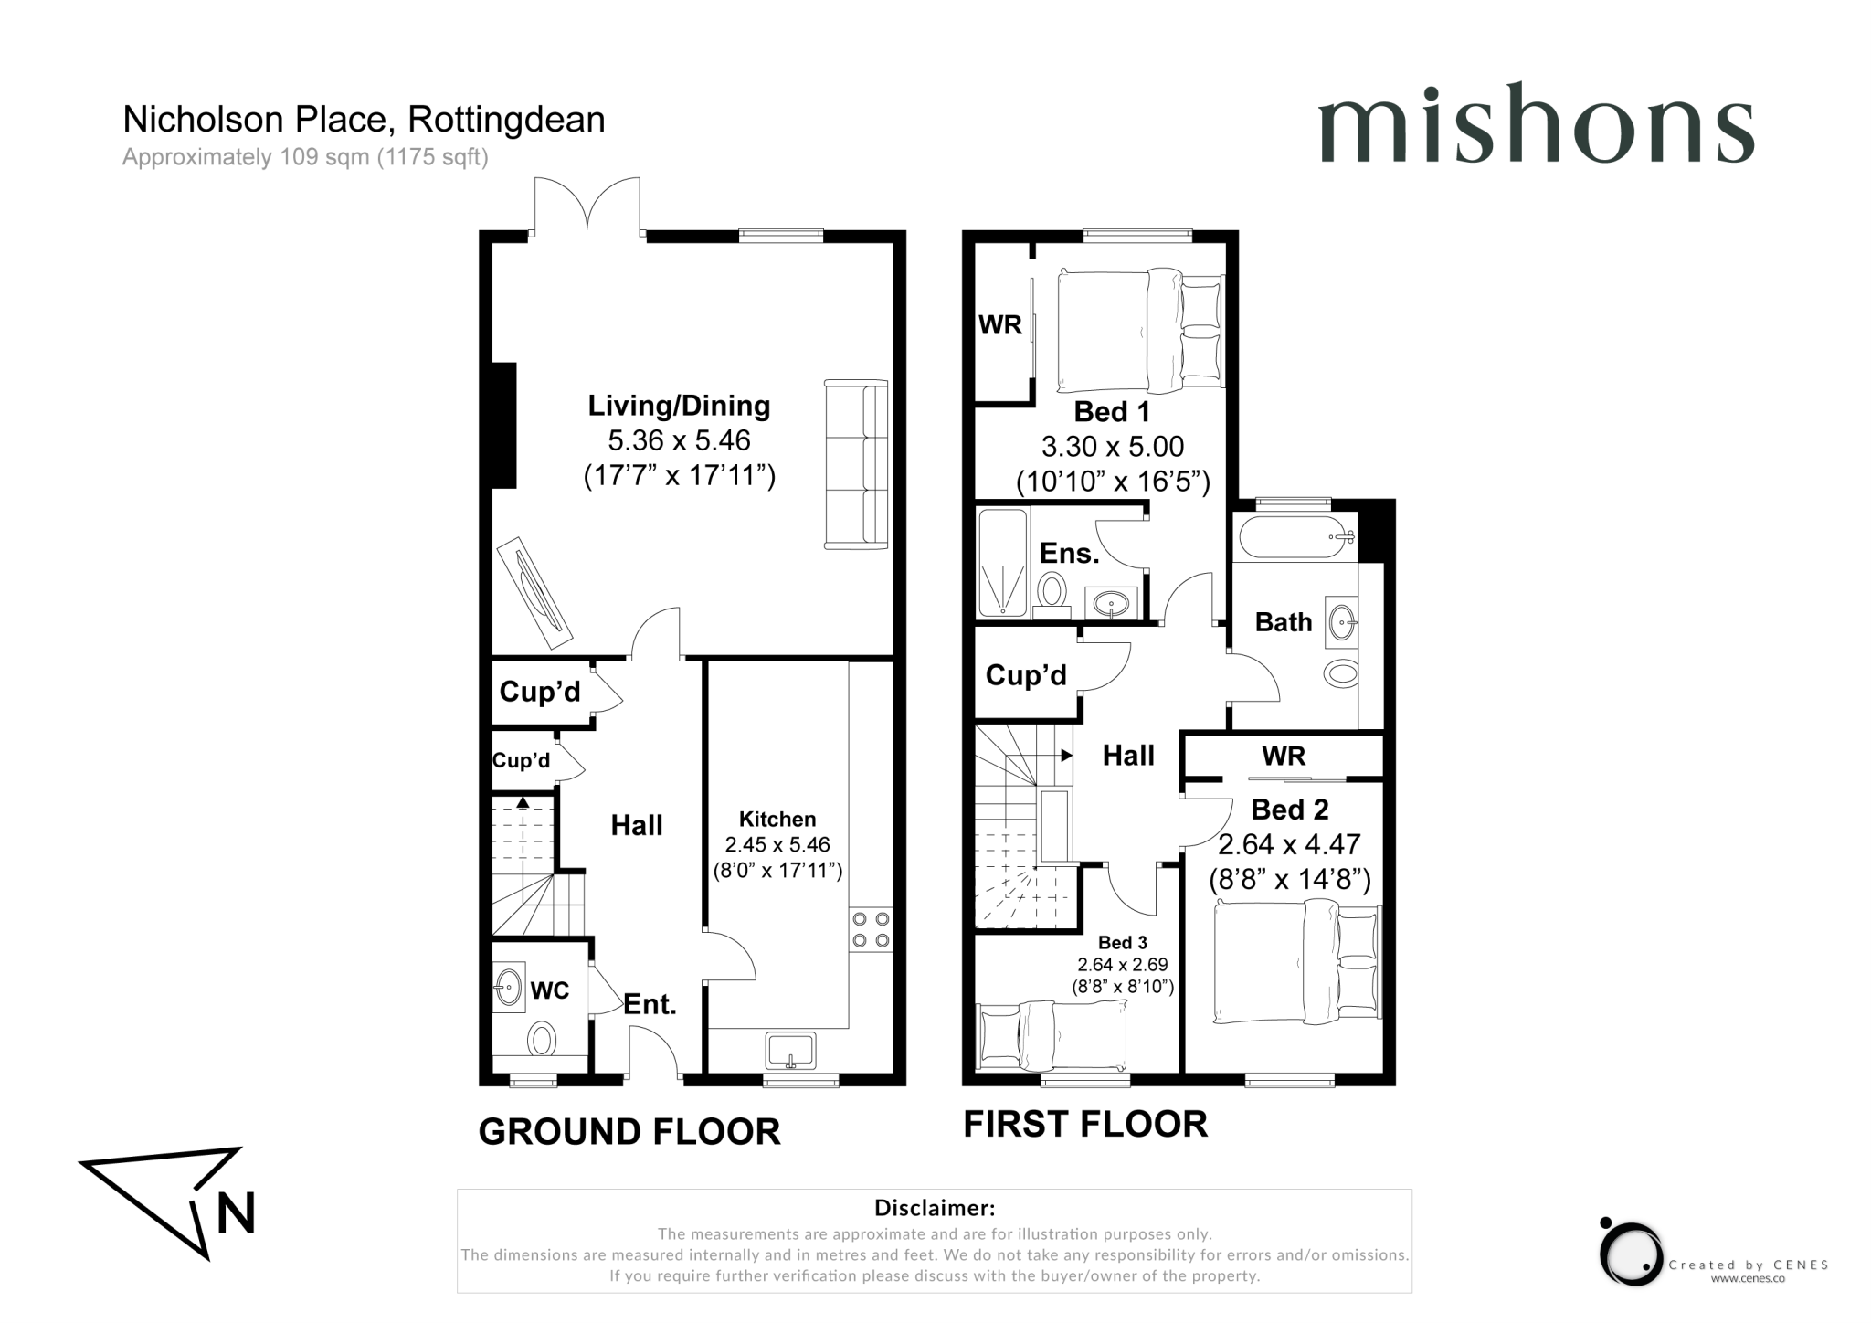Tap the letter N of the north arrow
(x=236, y=1213)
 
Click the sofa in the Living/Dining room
(x=857, y=465)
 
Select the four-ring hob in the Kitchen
(x=871, y=929)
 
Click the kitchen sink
(x=791, y=1050)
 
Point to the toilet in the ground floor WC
(x=542, y=1039)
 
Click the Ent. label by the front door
(x=650, y=1005)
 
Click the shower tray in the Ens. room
(x=1003, y=563)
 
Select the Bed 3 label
(x=1122, y=943)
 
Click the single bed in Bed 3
(x=1052, y=1035)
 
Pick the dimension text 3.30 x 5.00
(x=1112, y=447)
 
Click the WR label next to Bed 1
(x=1000, y=325)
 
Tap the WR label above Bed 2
(x=1284, y=757)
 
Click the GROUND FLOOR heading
(x=629, y=1132)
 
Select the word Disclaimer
(x=934, y=1208)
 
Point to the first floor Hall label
(x=1128, y=756)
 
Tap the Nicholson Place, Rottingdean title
(x=364, y=120)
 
